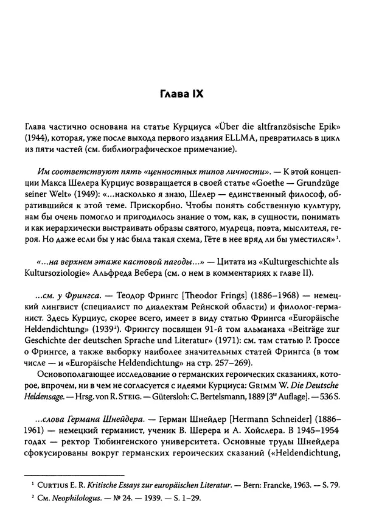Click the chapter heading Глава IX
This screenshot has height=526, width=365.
(x=182, y=95)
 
